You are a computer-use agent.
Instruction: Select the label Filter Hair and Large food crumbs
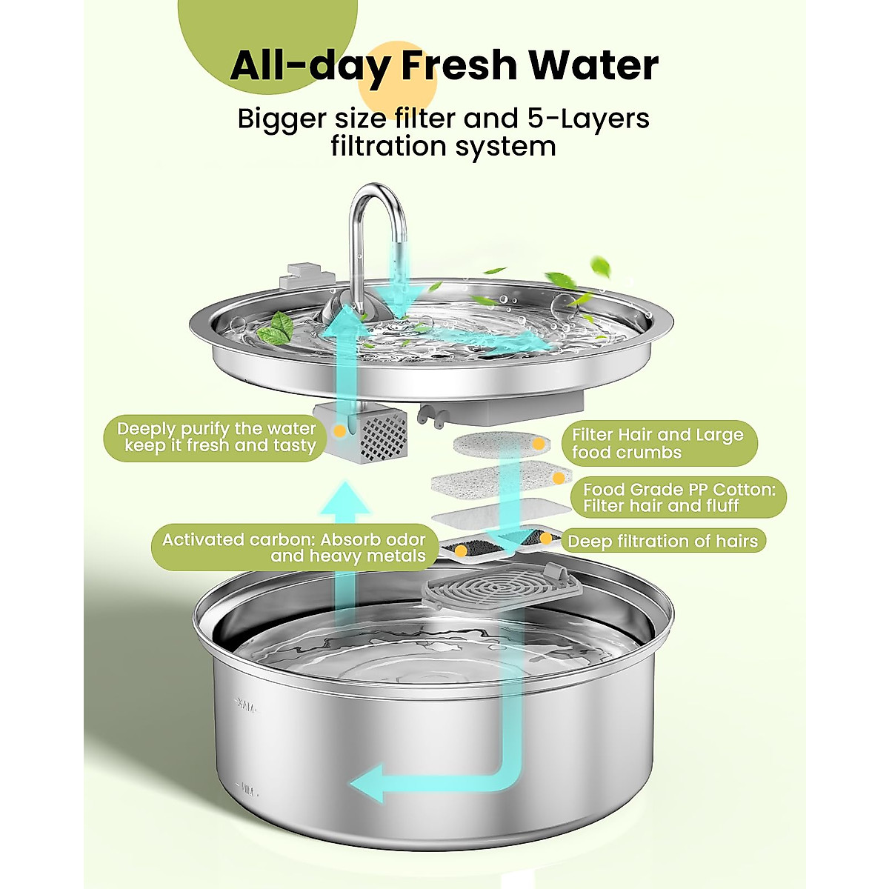(657, 444)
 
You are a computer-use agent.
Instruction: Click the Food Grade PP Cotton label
(678, 497)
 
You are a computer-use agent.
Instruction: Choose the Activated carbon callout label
(293, 548)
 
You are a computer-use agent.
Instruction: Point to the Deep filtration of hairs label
(662, 542)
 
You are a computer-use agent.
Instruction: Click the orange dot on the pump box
(339, 430)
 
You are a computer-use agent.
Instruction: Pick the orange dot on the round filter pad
(539, 444)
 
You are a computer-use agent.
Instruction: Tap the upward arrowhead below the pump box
(346, 504)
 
